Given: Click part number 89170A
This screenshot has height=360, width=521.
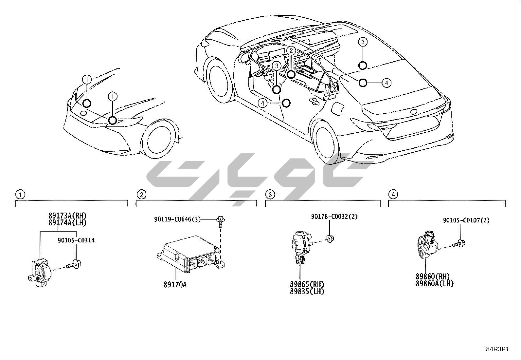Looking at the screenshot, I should click(x=175, y=284).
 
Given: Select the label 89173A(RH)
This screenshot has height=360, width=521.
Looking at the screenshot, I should click(x=67, y=216).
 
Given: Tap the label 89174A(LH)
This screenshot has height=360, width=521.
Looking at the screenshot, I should click(x=67, y=222).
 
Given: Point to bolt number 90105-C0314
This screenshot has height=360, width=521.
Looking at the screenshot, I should click(x=76, y=240).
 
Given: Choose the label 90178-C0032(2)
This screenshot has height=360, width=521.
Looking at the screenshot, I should click(x=334, y=216).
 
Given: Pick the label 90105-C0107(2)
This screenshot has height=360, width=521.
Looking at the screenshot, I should click(x=466, y=220).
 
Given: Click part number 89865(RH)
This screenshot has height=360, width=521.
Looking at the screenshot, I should click(x=307, y=284).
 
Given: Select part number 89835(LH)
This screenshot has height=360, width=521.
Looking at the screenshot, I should click(x=307, y=291).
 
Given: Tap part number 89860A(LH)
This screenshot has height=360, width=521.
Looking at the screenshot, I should click(x=435, y=284).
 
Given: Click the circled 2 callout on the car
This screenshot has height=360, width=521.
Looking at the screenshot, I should click(x=291, y=50).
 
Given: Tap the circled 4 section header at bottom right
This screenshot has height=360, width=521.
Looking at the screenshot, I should click(x=393, y=195).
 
